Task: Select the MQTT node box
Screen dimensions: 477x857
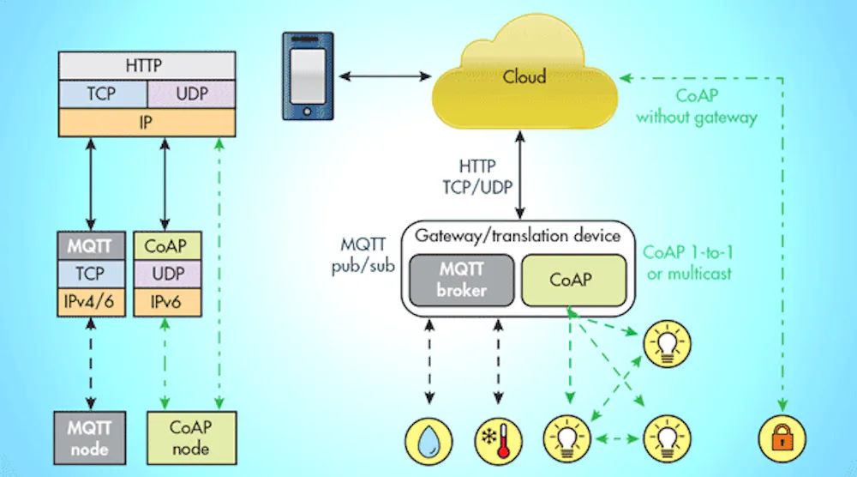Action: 88,435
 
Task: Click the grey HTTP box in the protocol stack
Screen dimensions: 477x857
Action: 145,65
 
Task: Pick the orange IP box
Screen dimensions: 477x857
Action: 145,122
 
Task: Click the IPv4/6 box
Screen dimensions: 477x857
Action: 88,303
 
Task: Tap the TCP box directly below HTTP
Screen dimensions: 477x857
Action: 103,94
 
